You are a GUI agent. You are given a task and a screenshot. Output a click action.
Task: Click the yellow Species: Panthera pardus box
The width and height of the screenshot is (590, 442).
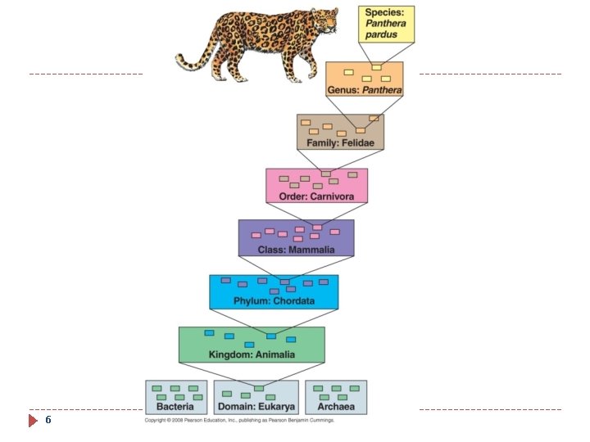coord(387,25)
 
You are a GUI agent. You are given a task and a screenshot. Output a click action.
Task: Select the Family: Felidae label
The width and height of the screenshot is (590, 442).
coord(340,142)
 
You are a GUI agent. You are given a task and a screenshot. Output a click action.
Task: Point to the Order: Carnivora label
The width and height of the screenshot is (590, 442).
coord(316,196)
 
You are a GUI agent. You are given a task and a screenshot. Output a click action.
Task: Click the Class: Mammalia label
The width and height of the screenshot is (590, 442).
coord(296,249)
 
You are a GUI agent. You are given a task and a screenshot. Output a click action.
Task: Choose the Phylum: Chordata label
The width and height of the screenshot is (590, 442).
coord(274,300)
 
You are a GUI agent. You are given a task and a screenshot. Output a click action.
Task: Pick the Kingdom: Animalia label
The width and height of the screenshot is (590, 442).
coord(252,354)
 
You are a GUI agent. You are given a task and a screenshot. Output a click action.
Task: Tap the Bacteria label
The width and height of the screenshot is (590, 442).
coord(175,406)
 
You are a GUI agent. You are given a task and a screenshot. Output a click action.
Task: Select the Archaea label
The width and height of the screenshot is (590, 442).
coord(336,406)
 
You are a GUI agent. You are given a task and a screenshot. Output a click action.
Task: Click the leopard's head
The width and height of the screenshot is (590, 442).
coord(324,20)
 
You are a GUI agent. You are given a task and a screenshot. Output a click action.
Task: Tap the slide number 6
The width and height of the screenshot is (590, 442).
coord(48,420)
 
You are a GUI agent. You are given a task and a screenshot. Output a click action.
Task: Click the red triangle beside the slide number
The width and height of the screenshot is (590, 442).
coord(34,421)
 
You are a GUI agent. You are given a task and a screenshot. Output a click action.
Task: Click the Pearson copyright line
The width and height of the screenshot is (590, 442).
coord(239,420)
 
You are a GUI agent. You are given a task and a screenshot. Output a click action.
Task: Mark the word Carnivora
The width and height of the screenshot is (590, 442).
coord(333,196)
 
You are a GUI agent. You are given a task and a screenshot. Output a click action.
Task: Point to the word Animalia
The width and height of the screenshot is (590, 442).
coord(275,354)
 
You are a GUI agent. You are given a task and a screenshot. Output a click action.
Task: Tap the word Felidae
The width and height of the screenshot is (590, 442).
coord(357,142)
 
